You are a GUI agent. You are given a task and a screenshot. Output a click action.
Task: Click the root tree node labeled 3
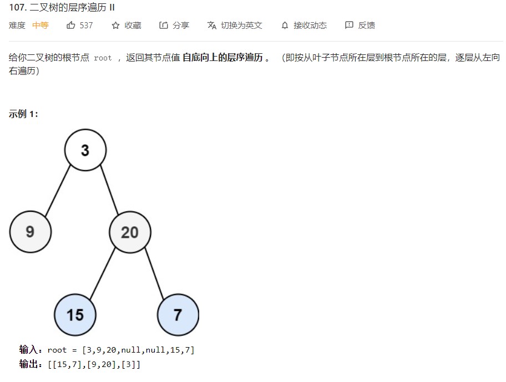coord(85,150)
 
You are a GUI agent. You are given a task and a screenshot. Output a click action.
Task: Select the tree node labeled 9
coord(30,231)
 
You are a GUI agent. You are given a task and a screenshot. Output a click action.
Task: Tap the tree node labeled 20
coord(130,232)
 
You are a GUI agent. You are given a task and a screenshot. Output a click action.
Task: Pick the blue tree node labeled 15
coord(75,315)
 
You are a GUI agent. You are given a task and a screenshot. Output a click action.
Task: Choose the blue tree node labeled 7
coord(178,315)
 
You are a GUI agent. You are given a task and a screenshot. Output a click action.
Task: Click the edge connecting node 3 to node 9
coord(58,190)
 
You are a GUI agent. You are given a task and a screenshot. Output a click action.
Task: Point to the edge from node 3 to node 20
coord(109,190)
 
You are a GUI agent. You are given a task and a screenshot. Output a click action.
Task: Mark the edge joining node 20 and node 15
coord(103,273)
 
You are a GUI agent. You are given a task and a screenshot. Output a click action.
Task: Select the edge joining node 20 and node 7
coord(155,273)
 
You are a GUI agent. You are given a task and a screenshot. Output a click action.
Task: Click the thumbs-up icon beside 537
coord(70,26)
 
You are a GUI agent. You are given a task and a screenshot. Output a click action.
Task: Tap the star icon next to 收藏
coord(115,26)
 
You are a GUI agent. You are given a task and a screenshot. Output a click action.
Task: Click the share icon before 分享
coord(163,26)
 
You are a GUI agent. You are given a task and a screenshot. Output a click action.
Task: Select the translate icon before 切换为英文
coord(211,26)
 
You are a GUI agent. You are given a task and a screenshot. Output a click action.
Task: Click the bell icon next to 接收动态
coord(285,26)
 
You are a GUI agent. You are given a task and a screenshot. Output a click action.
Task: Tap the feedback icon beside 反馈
coord(349,26)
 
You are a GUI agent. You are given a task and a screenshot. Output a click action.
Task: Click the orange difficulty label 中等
coord(41,26)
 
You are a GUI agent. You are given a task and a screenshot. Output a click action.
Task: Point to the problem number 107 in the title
coord(17,8)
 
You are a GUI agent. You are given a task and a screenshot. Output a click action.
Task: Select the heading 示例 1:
coord(24,114)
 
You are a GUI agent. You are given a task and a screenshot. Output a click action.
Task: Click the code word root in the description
coord(103,58)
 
